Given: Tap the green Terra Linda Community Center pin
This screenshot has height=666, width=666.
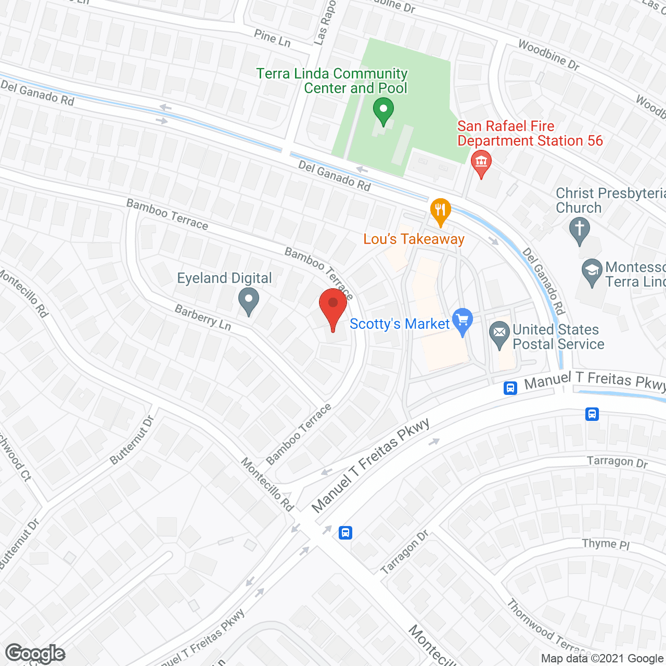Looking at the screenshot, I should tap(383, 110).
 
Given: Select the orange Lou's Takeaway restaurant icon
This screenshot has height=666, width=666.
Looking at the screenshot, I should tap(441, 211).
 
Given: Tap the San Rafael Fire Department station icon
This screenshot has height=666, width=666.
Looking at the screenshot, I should tap(481, 162).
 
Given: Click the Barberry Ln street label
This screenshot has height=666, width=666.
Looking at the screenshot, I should tap(203, 317).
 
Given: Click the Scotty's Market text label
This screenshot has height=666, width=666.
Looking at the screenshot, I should tap(400, 324).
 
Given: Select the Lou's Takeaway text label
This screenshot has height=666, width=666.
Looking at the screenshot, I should tap(414, 239).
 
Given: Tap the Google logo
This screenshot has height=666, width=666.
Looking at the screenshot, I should tap(35, 654).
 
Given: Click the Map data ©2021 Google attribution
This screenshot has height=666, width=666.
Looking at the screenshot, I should tap(602, 659).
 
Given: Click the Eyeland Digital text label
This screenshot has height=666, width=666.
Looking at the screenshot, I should tap(224, 278).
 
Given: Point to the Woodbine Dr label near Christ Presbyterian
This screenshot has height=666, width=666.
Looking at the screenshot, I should tap(548, 55).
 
